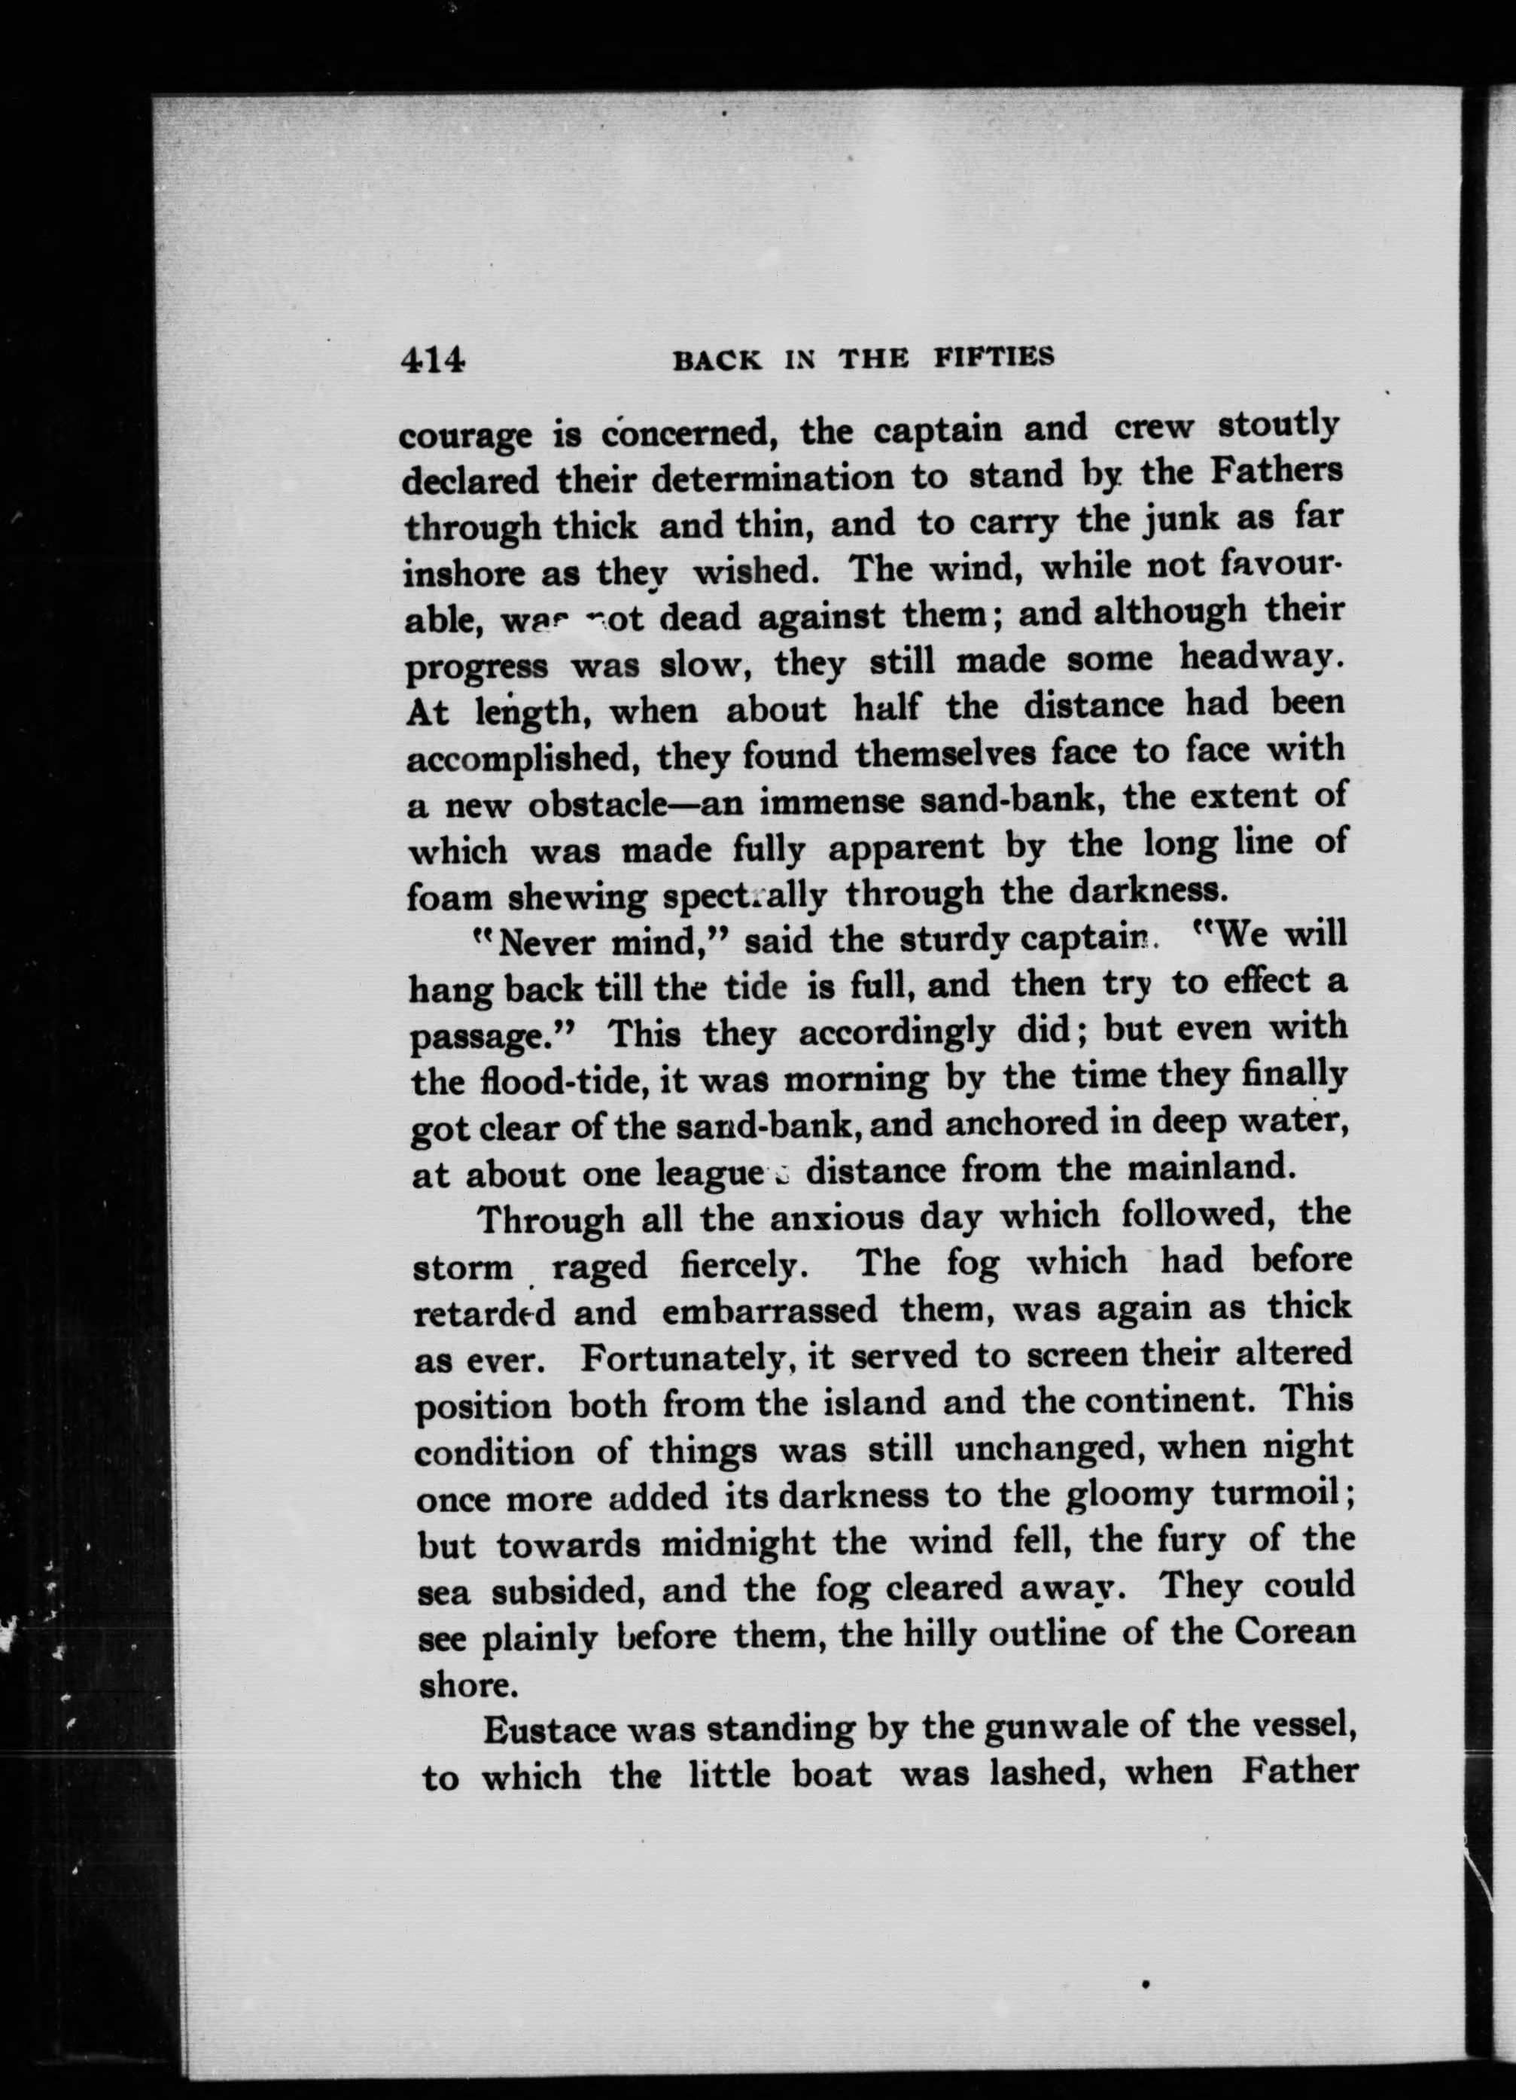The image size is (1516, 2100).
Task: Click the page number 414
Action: tap(431, 358)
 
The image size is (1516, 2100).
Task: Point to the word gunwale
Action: tap(1004, 1728)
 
